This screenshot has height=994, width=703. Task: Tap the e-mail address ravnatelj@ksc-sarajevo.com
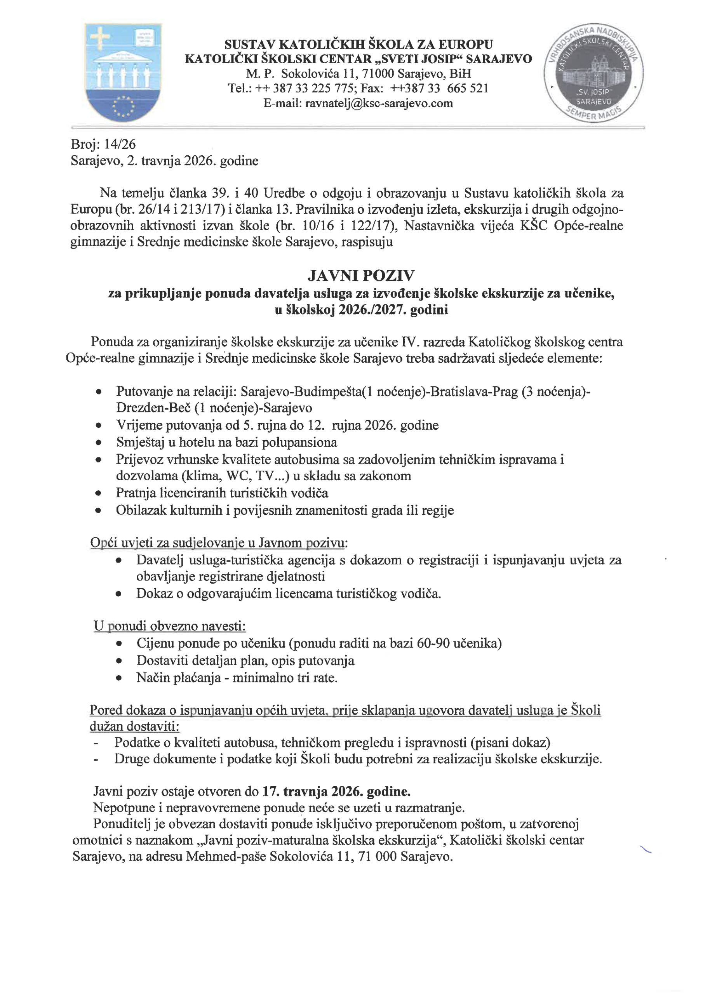(x=379, y=103)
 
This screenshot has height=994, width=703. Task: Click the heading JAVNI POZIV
(x=361, y=276)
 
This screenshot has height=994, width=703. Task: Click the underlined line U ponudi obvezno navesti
(x=170, y=626)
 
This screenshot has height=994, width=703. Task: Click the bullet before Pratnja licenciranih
(x=99, y=494)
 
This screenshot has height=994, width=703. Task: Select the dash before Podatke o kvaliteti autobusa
(x=95, y=743)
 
